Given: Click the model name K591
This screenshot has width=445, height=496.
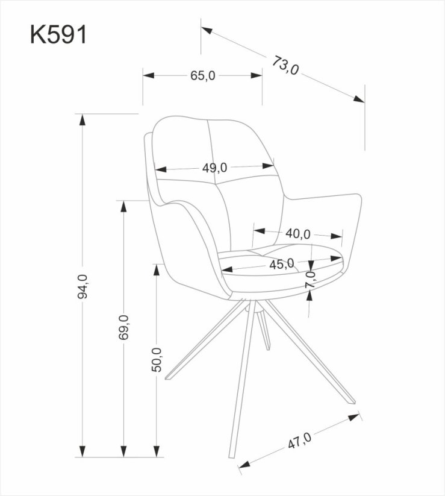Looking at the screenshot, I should [x=58, y=34].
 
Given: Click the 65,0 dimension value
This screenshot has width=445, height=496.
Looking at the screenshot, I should [x=202, y=75].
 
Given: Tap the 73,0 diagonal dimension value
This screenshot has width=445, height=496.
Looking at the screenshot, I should [x=285, y=66].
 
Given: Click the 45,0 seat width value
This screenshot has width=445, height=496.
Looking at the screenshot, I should [x=281, y=263].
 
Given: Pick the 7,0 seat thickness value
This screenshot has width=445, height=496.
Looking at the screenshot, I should [x=311, y=280].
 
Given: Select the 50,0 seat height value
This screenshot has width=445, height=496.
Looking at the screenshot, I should [x=158, y=360].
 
